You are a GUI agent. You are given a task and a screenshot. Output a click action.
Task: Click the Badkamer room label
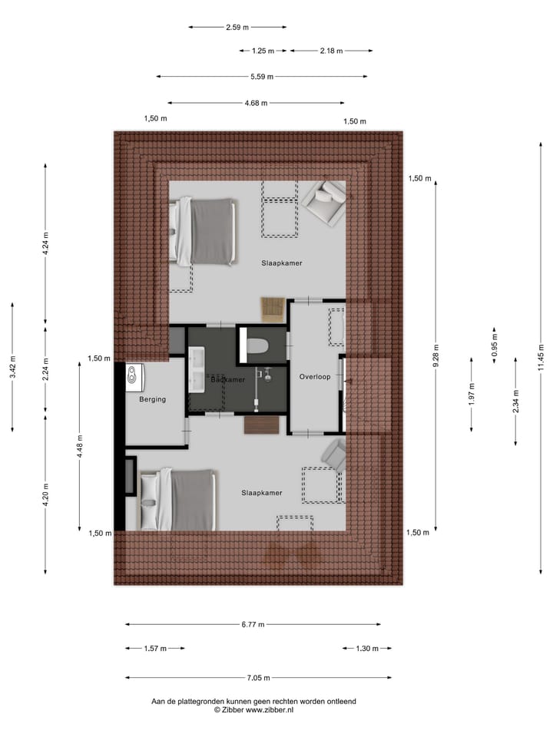click(228, 380)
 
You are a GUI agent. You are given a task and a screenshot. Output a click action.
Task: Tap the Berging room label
click(152, 399)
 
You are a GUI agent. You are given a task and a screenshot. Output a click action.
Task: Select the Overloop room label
click(315, 377)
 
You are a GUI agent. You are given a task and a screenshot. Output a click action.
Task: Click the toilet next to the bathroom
click(256, 346)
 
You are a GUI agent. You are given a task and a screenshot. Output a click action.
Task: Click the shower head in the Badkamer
click(268, 375)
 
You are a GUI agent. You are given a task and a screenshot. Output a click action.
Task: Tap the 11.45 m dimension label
click(541, 359)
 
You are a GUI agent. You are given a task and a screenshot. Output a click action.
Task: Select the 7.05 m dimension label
click(257, 678)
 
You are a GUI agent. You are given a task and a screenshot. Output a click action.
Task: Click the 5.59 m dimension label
click(261, 77)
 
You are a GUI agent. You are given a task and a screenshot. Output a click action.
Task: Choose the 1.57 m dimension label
click(154, 649)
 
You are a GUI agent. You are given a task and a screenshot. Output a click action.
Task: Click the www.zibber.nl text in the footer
click(269, 710)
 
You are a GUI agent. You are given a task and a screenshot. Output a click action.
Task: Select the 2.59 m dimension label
click(237, 28)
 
